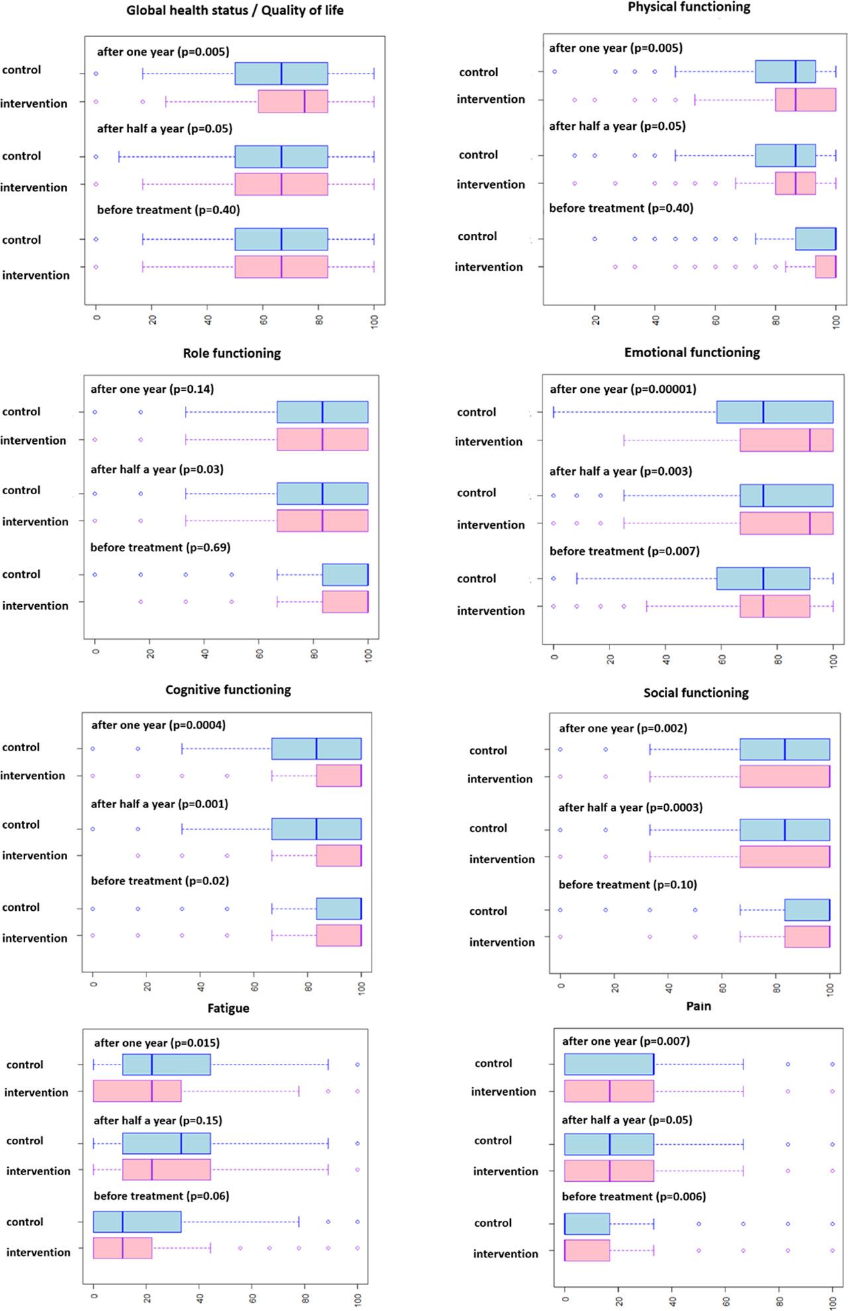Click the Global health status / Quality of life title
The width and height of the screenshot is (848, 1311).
point(235,10)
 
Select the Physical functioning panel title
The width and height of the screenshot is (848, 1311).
point(689,7)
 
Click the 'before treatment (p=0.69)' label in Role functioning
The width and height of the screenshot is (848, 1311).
point(160,547)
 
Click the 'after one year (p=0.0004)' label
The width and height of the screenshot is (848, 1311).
point(158,725)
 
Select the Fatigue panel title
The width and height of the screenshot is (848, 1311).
point(229,1008)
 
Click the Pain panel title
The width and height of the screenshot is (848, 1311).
point(698,1006)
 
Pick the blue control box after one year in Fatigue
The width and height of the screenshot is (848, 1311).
point(166,1065)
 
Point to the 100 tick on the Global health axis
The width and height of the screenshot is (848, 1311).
point(374,322)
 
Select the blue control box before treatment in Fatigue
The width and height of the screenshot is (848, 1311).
point(137,1222)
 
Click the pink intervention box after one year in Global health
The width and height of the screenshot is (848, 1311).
point(293,101)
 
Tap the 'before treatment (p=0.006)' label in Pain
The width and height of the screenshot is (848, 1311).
point(633,1196)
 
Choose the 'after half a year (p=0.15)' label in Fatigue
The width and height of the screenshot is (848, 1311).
point(158,1120)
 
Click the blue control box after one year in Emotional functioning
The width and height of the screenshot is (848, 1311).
point(774,412)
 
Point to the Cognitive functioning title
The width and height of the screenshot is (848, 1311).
point(228,690)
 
